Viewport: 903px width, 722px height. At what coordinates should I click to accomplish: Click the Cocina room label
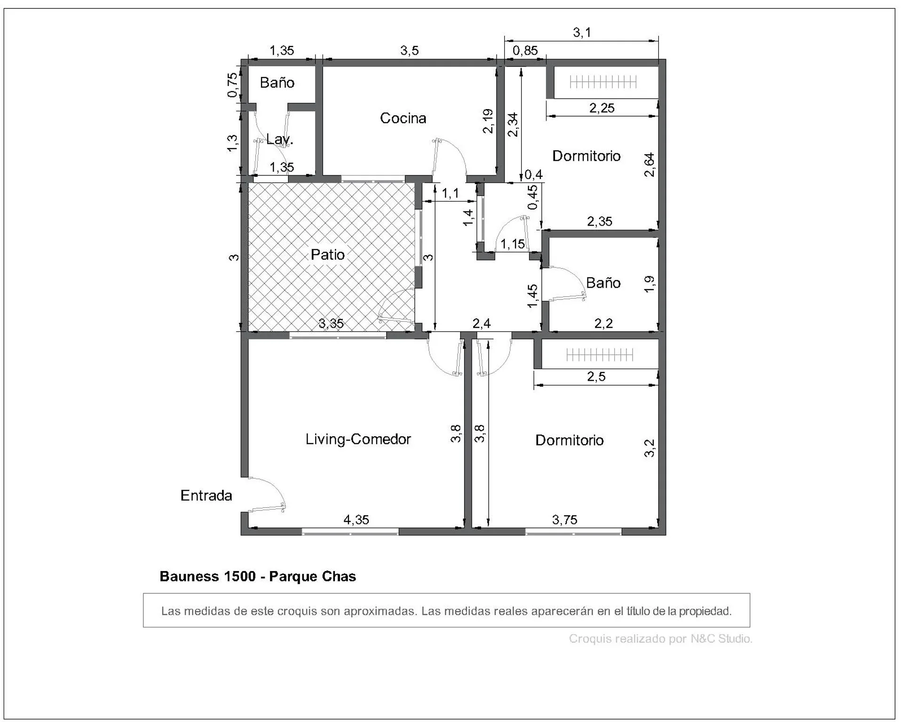point(403,118)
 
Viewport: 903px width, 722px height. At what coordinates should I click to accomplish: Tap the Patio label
point(328,255)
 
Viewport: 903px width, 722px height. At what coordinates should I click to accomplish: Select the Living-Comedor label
point(358,439)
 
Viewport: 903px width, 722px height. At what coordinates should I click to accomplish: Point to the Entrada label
point(206,495)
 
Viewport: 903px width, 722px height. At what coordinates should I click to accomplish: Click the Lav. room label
point(280,139)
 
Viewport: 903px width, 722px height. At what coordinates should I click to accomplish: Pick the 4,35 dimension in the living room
point(356,520)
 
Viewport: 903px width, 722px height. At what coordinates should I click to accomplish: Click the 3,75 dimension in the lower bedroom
point(564,520)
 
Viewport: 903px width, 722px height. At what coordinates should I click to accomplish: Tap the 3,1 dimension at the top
point(582,32)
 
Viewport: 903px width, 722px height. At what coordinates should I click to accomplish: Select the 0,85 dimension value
point(525,50)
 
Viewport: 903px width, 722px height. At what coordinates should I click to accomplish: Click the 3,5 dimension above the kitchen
point(410,50)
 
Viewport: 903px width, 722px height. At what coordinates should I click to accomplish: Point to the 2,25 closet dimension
point(602,108)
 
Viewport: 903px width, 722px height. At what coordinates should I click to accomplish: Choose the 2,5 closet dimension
point(596,377)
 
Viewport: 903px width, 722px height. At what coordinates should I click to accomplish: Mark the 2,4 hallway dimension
point(482,323)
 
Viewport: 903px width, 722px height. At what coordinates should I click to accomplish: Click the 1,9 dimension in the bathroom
point(649,283)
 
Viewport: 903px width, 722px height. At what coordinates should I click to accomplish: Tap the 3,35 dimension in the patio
point(331,323)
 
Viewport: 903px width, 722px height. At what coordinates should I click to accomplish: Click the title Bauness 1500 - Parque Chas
point(258,576)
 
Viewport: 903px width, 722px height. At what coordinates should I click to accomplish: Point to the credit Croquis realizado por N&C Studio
point(661,639)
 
